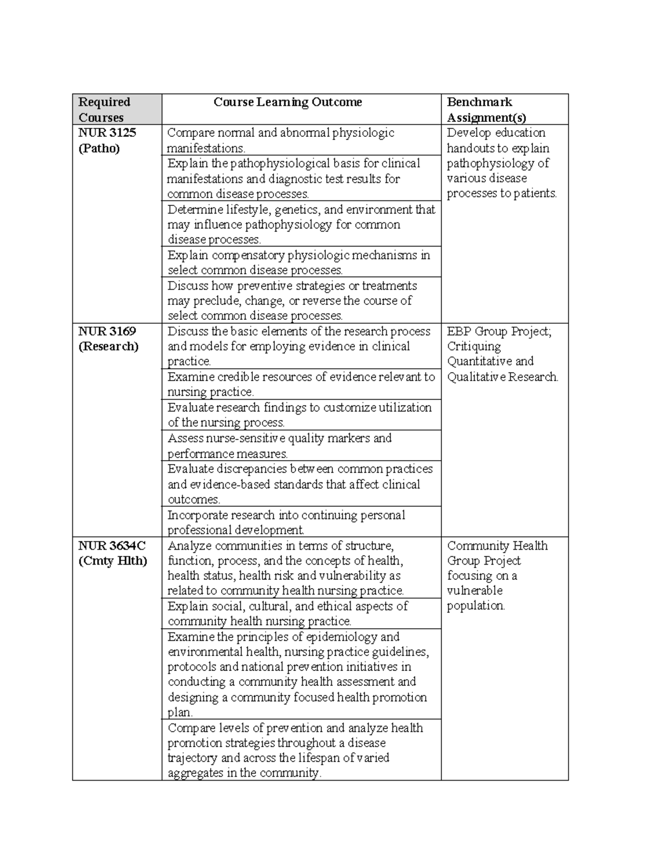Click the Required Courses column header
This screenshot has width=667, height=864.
tap(104, 110)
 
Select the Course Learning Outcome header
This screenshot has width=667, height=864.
tap(287, 102)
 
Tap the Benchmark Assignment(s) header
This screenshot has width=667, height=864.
tap(486, 110)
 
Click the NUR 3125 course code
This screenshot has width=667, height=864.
tap(107, 133)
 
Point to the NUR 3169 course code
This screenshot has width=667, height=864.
tap(107, 332)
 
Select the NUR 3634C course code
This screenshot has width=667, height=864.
tap(112, 546)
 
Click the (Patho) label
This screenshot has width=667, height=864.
tap(99, 149)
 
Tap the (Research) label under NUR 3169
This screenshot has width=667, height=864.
tap(108, 347)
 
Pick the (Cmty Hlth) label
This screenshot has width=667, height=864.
tap(113, 561)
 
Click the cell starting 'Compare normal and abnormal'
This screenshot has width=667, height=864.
tap(281, 140)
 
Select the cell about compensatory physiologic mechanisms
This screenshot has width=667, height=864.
tap(298, 263)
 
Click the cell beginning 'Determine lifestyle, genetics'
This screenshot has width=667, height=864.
tap(301, 224)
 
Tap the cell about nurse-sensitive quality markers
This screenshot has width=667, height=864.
tap(280, 446)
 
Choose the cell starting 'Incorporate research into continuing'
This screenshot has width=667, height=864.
tap(286, 522)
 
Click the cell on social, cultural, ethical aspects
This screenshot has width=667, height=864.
tap(287, 614)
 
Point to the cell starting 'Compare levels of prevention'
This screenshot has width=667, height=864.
tap(295, 750)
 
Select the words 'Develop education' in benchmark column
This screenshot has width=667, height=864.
tap(496, 133)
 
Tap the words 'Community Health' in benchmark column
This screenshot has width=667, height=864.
tap(497, 546)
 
